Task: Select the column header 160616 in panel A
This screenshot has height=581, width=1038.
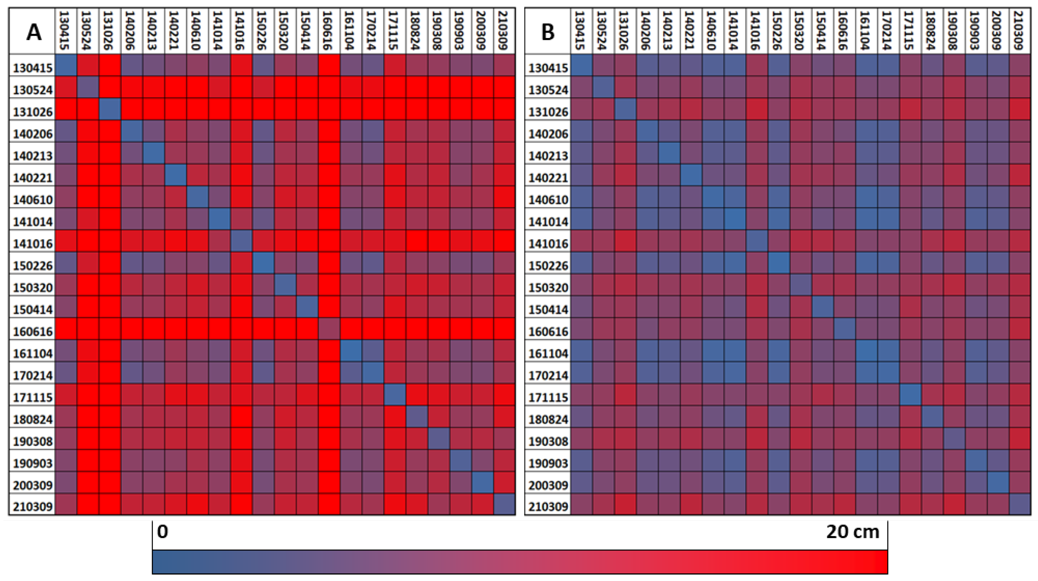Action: click(329, 31)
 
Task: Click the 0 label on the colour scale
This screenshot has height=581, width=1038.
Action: click(162, 532)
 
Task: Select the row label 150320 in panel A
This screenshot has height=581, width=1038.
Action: click(33, 288)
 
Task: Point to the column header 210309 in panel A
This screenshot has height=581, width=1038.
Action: click(505, 31)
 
